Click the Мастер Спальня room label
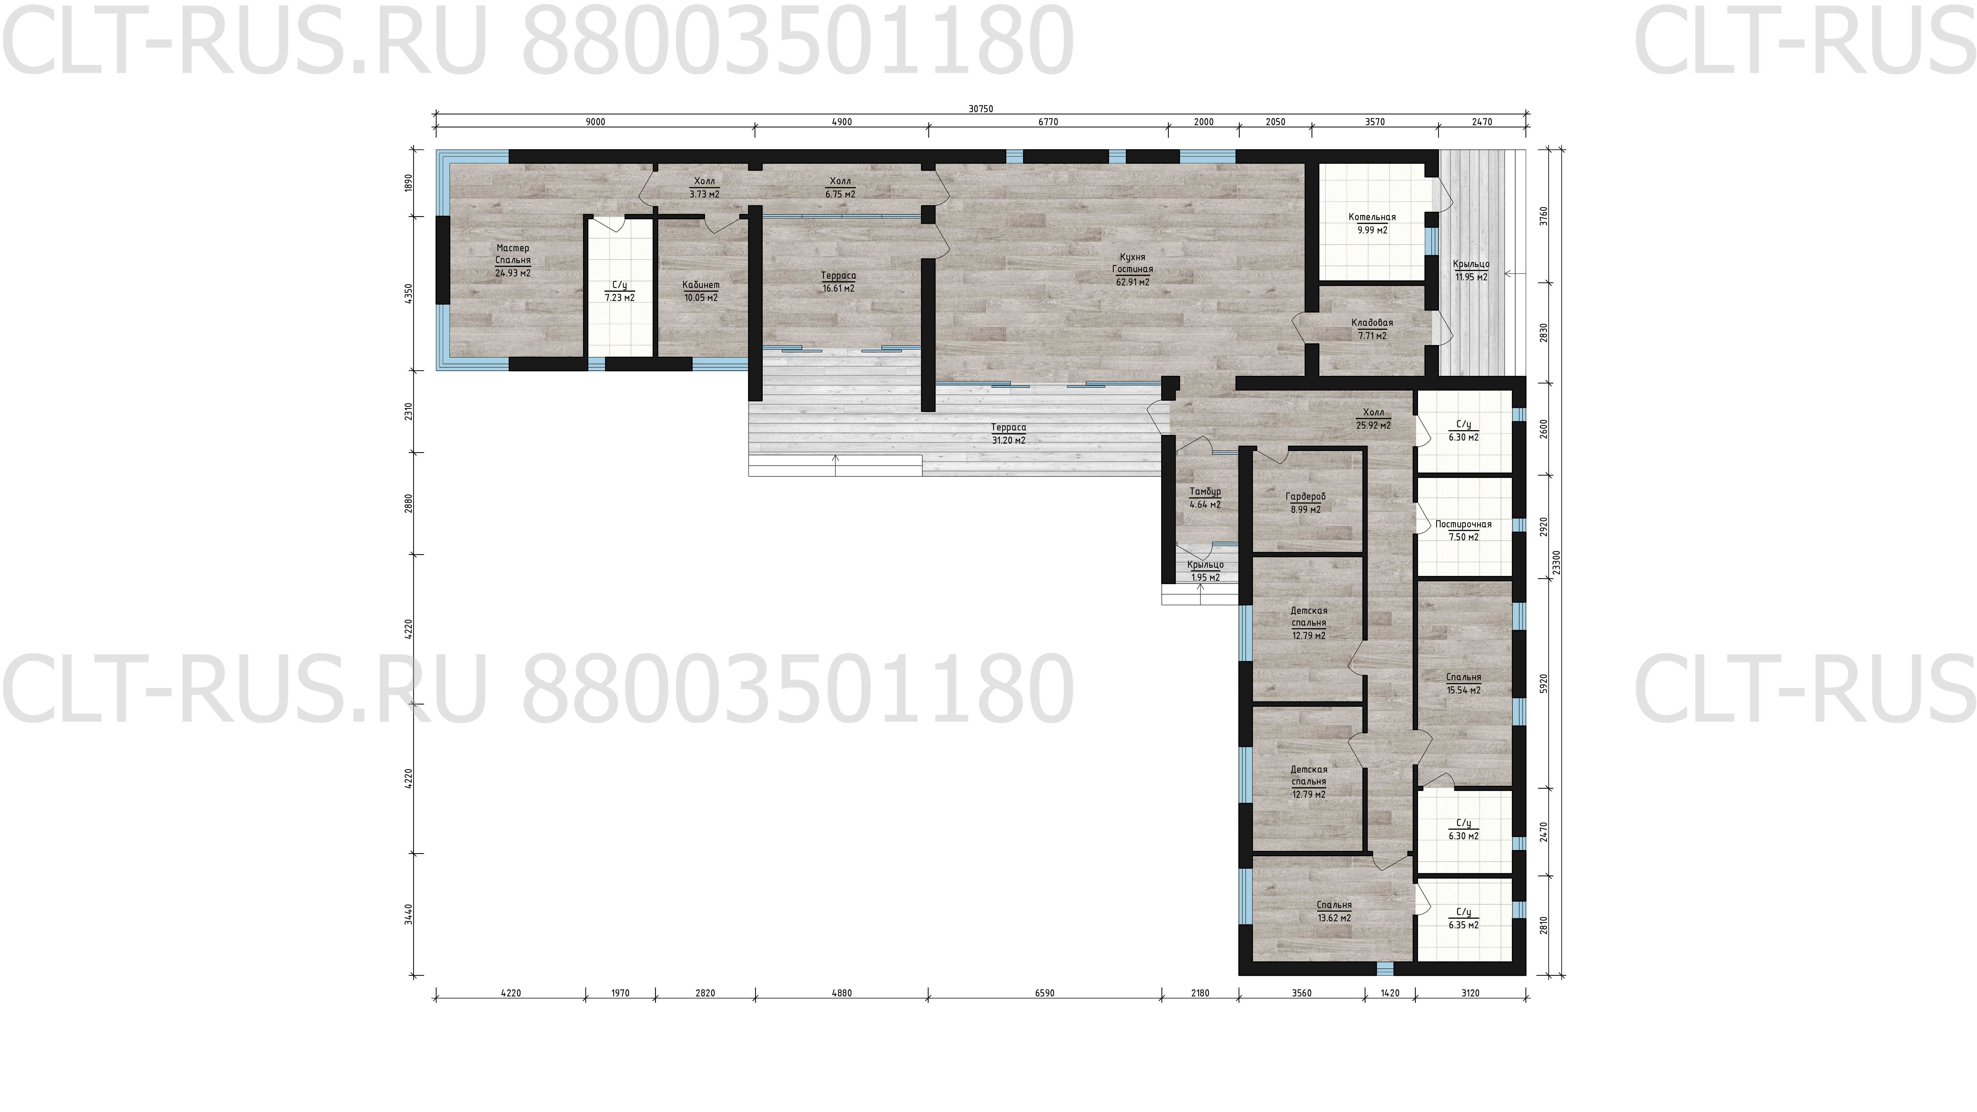[513, 260]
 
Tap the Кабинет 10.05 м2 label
[701, 291]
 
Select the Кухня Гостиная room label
[1133, 269]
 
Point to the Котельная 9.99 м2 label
[1372, 223]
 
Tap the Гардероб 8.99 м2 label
[1306, 503]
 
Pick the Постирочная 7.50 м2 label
[1464, 530]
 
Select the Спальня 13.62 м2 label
[1335, 911]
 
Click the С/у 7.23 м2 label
[619, 291]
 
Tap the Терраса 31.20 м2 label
[1009, 433]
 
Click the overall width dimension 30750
[981, 109]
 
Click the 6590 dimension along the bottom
[1044, 993]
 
